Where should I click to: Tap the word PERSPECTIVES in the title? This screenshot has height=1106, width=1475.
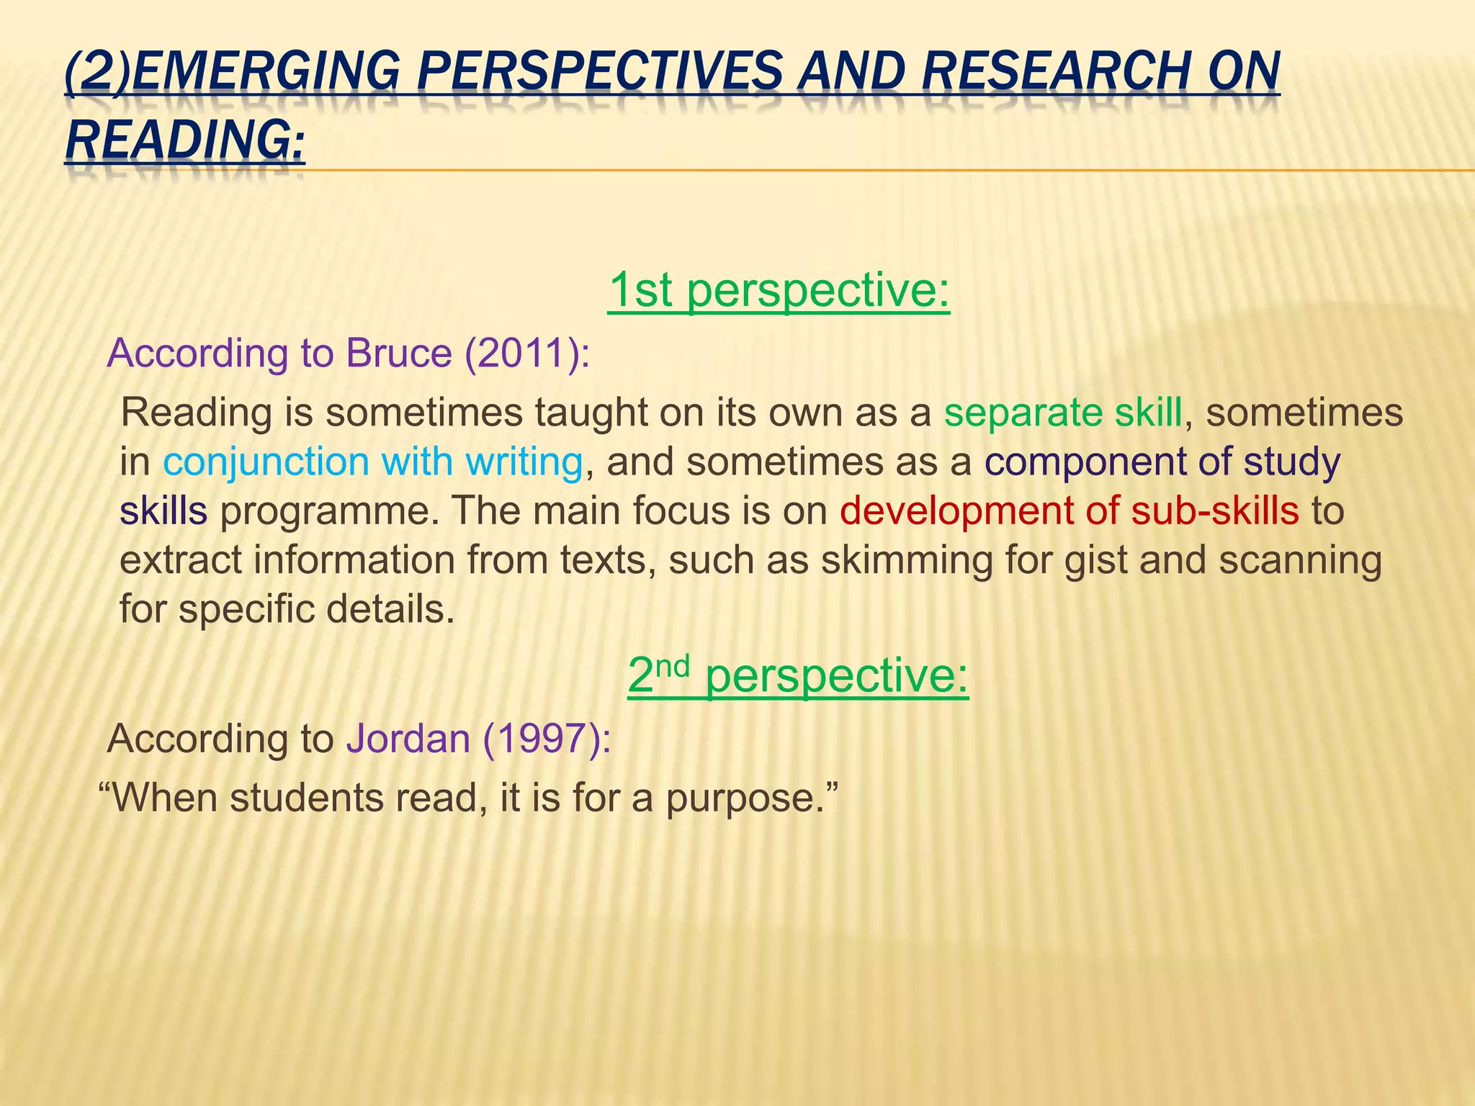pos(599,72)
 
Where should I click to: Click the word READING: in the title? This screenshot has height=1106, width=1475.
pos(185,140)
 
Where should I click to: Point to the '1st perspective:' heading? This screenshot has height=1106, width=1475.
pos(779,289)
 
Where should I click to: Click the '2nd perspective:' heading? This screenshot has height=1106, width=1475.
pos(797,675)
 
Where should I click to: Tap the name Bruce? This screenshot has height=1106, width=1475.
pos(398,354)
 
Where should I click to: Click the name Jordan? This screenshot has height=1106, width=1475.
pos(408,739)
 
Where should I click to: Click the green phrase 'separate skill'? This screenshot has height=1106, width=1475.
pos(1063,413)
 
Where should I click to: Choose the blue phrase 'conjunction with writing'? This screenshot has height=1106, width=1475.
pos(372,462)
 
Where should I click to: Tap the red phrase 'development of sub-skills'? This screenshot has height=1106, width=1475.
pos(1069,511)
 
